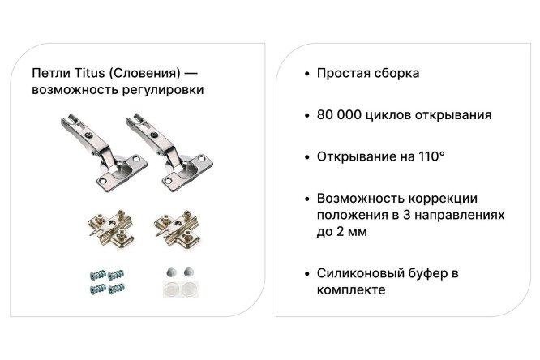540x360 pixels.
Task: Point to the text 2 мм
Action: (x=354, y=232)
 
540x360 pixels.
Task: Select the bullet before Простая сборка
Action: (x=306, y=74)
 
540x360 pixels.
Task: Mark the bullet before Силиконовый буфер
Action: (x=306, y=273)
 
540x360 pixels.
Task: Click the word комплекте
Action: (x=350, y=289)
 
